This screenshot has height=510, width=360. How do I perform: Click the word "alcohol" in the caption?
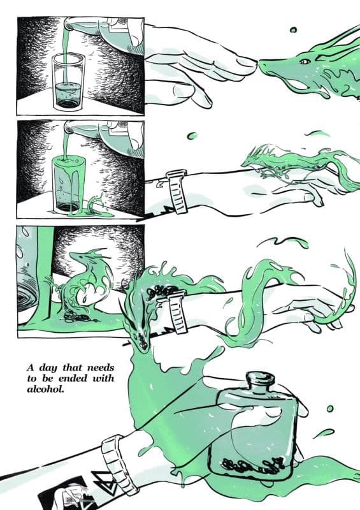pyautogui.click(x=45, y=389)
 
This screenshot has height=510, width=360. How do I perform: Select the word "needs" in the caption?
pyautogui.click(x=101, y=368)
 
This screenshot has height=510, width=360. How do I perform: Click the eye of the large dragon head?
pyautogui.click(x=305, y=61)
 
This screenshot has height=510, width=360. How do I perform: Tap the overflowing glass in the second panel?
pyautogui.click(x=69, y=184)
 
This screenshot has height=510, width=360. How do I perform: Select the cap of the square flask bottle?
pyautogui.click(x=261, y=379)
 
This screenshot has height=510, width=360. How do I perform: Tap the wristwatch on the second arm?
pyautogui.click(x=177, y=191)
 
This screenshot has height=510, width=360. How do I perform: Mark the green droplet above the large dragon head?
pyautogui.click(x=293, y=30)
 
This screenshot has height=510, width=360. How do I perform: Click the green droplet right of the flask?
pyautogui.click(x=330, y=409)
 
